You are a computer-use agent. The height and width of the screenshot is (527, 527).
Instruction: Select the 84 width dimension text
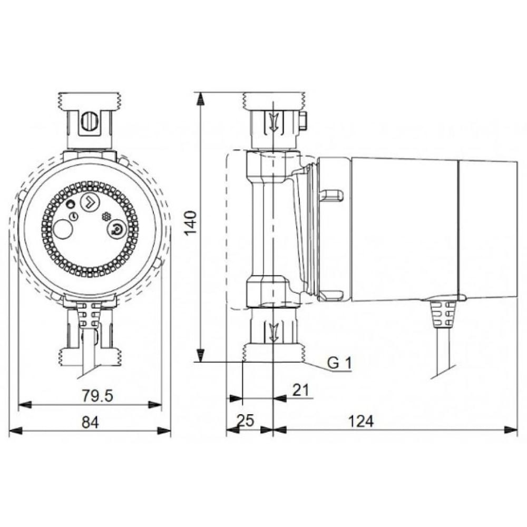[x=90, y=421]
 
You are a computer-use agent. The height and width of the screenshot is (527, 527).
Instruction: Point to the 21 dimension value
[x=300, y=389]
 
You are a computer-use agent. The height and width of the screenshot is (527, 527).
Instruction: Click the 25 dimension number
[x=245, y=421]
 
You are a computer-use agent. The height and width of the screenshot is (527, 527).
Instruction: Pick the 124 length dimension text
[x=361, y=421]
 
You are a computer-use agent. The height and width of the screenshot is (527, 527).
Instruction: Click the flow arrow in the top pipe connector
[x=273, y=123]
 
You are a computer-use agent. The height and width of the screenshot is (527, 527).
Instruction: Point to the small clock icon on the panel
[x=74, y=217]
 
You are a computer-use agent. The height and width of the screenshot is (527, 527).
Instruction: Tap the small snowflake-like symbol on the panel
[x=106, y=216]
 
